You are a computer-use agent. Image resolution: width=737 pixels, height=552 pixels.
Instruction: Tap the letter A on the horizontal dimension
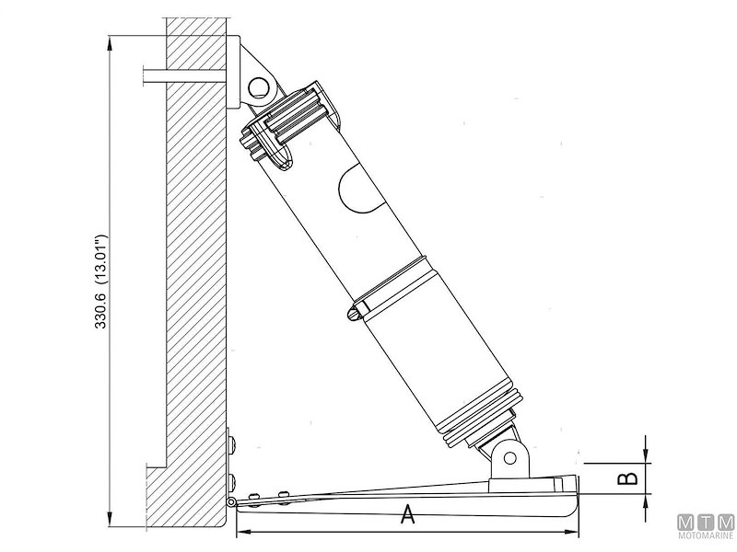click(406, 516)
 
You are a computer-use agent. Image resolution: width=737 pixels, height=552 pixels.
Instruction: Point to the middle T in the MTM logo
click(706, 522)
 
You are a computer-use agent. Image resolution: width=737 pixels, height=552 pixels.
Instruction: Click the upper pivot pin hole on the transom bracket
click(259, 87)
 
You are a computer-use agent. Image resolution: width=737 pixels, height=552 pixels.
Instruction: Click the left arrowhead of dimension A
click(242, 533)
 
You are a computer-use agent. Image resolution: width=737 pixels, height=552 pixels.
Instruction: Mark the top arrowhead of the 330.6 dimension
click(111, 41)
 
